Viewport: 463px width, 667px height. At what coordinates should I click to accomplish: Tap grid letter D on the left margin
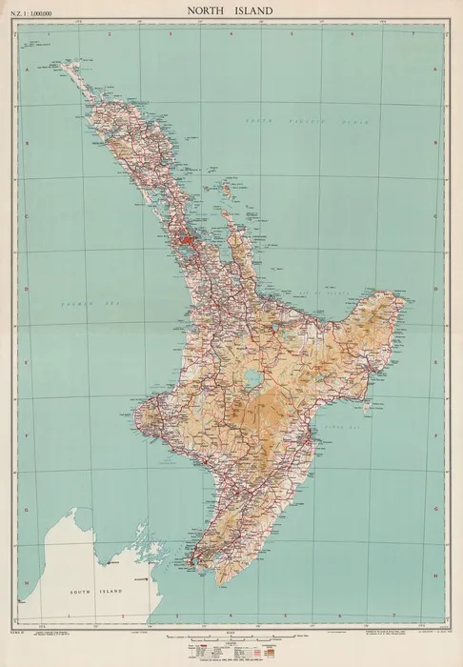[27, 286]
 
